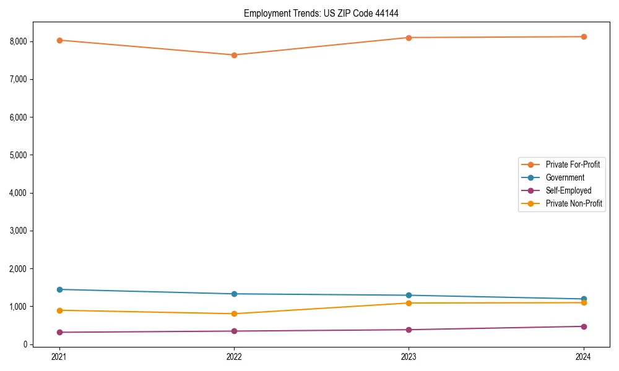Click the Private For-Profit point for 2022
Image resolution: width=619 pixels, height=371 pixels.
tap(234, 55)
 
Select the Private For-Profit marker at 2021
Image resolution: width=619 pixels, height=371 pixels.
tap(59, 40)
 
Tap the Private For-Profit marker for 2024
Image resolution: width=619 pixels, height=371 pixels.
tap(584, 36)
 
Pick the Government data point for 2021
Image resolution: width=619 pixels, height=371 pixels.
tap(59, 289)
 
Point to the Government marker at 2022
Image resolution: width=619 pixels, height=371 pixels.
tap(234, 294)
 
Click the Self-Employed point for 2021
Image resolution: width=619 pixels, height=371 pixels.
tap(59, 332)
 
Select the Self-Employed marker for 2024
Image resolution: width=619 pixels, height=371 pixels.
tap(584, 326)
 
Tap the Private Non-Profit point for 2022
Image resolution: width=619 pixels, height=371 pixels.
tap(234, 313)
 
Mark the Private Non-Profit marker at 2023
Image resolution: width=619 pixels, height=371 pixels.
tap(409, 303)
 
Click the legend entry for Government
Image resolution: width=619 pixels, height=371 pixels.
tap(565, 177)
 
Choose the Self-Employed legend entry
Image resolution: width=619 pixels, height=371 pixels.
tap(568, 190)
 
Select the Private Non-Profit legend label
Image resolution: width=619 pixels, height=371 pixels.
tap(574, 203)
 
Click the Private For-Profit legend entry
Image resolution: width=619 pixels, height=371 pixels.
tap(573, 164)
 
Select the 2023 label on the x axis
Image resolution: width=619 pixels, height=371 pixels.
tap(409, 357)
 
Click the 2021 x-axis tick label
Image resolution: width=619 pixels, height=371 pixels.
tap(59, 357)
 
